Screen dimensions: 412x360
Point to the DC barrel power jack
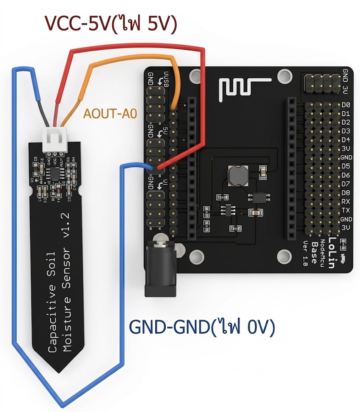click(160, 268)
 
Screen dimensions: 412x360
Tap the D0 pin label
click(346, 105)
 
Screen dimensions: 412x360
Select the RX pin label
click(346, 202)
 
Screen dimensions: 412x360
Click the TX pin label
click(346, 210)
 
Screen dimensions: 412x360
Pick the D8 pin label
click(346, 193)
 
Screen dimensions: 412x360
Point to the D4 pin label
click(346, 140)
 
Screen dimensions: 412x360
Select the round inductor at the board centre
click(236, 175)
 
